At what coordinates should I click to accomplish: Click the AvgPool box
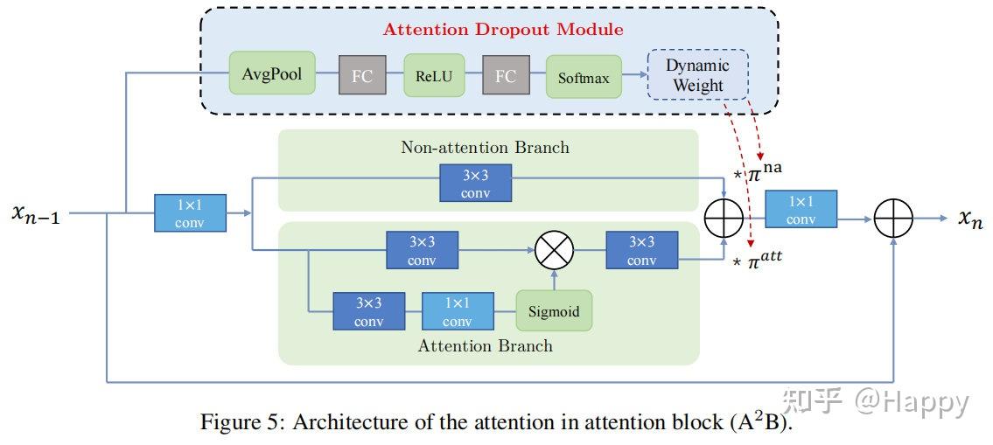pyautogui.click(x=271, y=73)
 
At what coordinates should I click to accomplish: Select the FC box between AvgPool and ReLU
pyautogui.click(x=361, y=76)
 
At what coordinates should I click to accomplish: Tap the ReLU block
pyautogui.click(x=434, y=75)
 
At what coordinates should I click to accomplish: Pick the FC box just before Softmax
pyautogui.click(x=505, y=76)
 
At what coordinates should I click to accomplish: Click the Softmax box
pyautogui.click(x=584, y=77)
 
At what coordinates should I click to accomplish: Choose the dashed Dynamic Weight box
pyautogui.click(x=697, y=75)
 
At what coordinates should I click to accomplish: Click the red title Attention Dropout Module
pyautogui.click(x=503, y=29)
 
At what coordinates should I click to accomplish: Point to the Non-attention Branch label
pyautogui.click(x=485, y=147)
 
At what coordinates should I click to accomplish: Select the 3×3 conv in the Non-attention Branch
pyautogui.click(x=475, y=184)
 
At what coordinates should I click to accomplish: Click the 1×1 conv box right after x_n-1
pyautogui.click(x=190, y=212)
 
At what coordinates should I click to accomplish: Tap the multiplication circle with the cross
pyautogui.click(x=554, y=251)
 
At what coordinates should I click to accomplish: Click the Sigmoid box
pyautogui.click(x=553, y=310)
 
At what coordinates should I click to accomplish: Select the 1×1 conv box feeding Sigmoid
pyautogui.click(x=457, y=311)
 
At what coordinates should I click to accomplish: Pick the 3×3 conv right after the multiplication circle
pyautogui.click(x=641, y=251)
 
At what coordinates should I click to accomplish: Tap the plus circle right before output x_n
pyautogui.click(x=892, y=217)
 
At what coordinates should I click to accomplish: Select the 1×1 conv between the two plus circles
pyautogui.click(x=801, y=210)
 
